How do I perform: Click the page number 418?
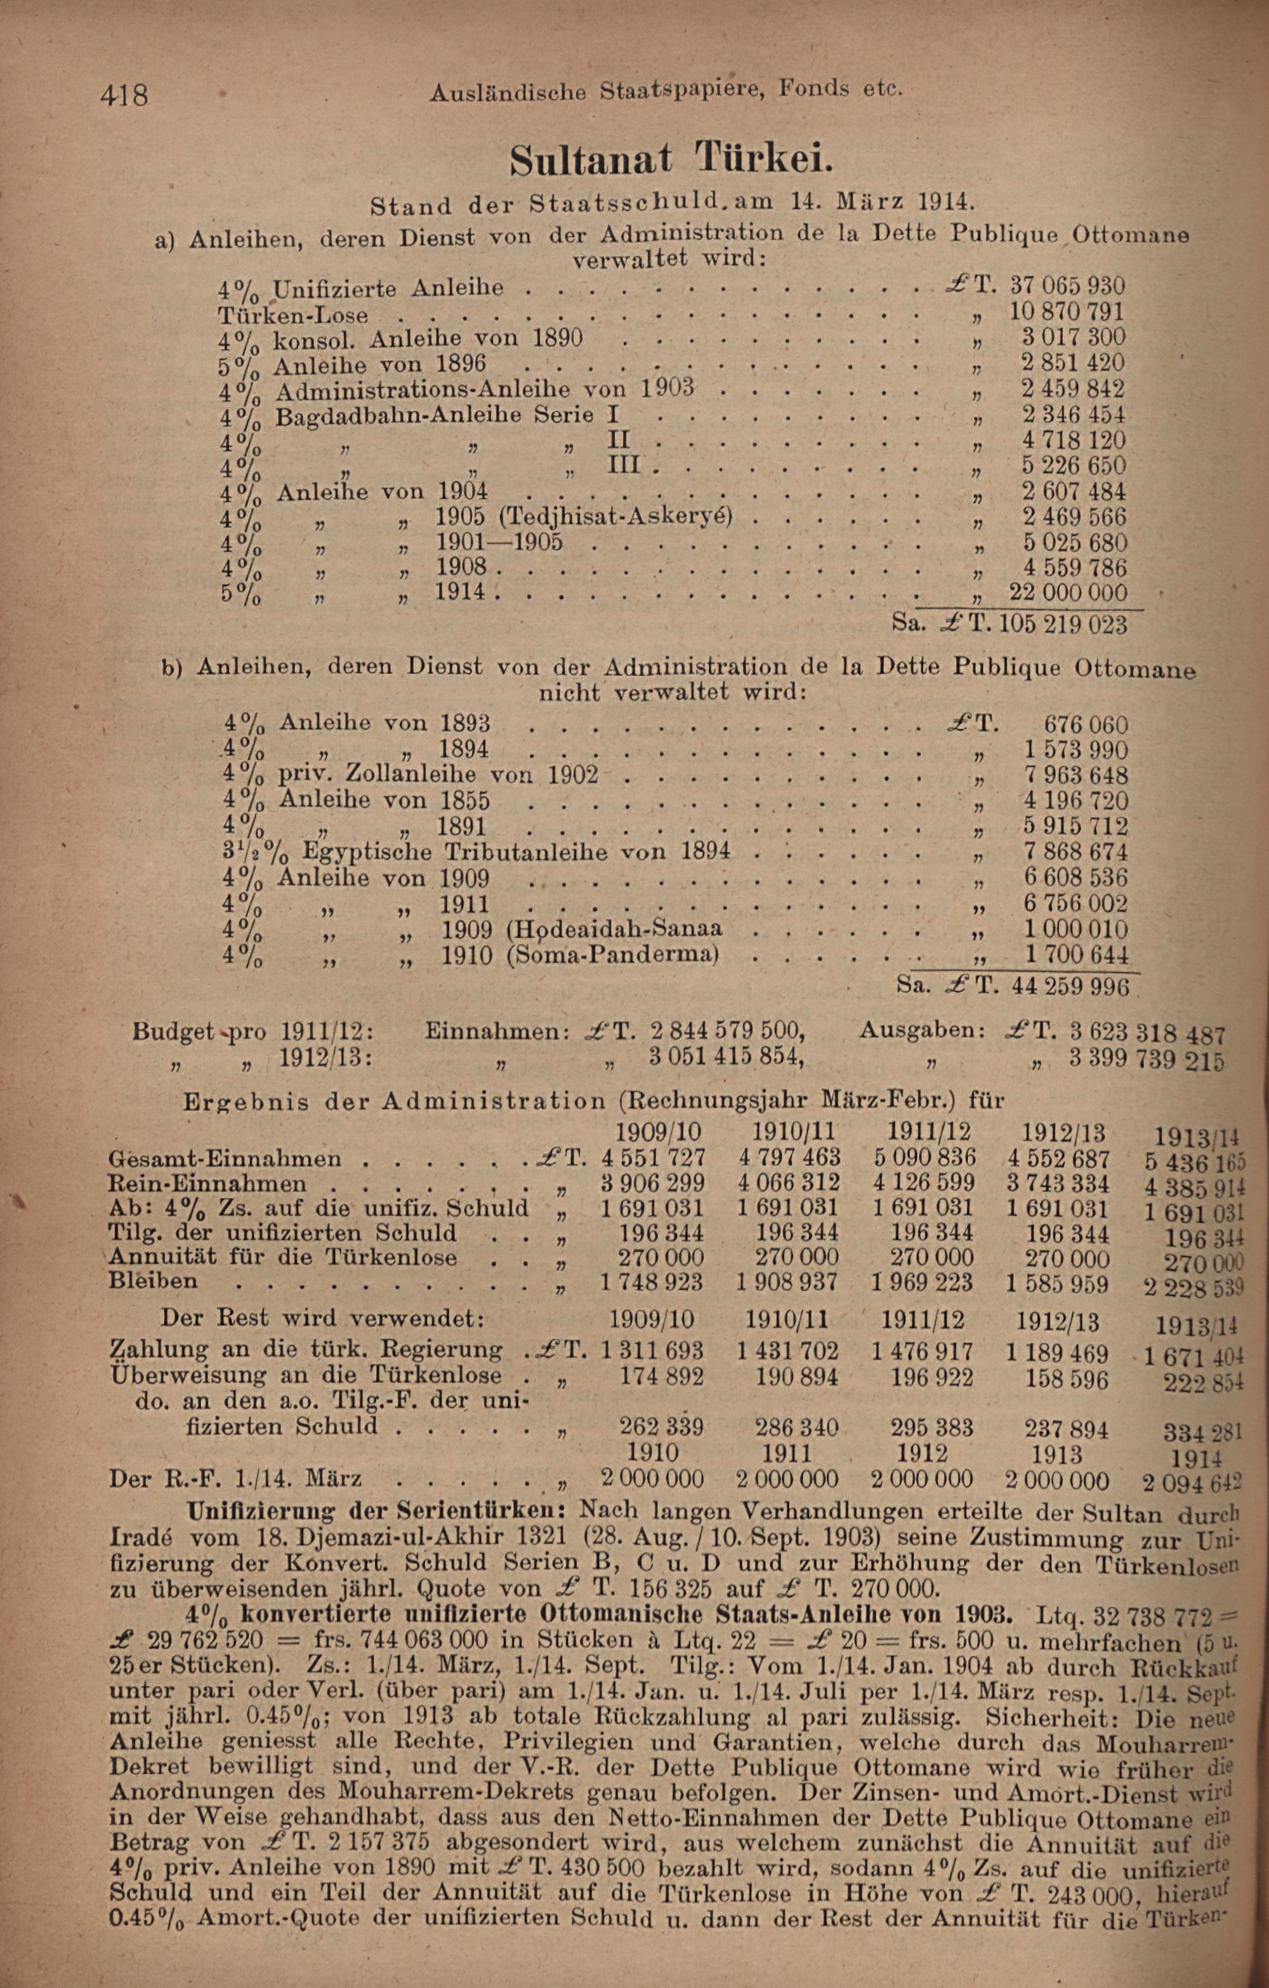(x=124, y=96)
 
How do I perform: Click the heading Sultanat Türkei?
(x=666, y=158)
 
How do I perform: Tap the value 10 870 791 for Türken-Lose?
(x=1067, y=312)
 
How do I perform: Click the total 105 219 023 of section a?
(x=1063, y=624)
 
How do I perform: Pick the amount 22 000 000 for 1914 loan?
(x=1067, y=592)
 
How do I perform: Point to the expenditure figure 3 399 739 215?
(x=1147, y=1059)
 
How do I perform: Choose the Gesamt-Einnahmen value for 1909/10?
(x=653, y=1156)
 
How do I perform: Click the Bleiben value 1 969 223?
(x=924, y=1282)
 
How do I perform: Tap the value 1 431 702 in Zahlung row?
(x=787, y=1350)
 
